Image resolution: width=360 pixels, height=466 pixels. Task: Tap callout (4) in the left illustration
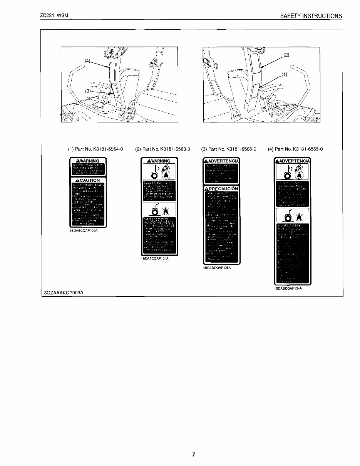coord(88,60)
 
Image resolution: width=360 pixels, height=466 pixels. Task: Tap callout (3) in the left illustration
coord(88,91)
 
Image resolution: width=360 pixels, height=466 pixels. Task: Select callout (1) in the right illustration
coord(285,75)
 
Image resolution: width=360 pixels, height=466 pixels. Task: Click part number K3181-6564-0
coord(95,149)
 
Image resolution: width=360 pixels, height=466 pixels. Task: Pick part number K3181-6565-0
coord(295,149)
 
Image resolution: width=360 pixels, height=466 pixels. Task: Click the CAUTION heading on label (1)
coord(88,180)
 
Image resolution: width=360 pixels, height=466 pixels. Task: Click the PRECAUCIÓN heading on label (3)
coord(221,189)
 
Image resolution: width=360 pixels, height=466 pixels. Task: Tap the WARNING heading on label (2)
coord(159,161)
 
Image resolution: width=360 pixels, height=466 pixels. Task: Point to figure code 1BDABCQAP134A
coord(288,288)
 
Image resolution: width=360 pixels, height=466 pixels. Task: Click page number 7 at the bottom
coord(194,454)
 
